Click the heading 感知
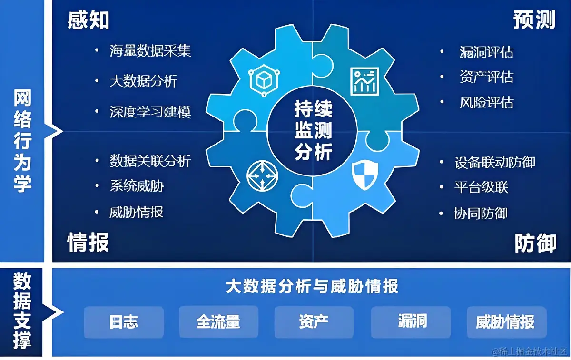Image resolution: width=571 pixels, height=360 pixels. click(x=89, y=20)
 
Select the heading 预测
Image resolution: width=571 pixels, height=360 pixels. click(x=534, y=20)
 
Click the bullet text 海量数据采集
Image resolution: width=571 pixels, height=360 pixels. click(x=150, y=51)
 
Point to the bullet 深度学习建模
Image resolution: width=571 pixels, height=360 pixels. click(x=150, y=112)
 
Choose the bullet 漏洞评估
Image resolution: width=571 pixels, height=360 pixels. click(x=487, y=52)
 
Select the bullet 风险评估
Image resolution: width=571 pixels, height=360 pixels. click(x=487, y=102)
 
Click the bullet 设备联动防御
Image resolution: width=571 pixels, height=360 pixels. click(x=495, y=163)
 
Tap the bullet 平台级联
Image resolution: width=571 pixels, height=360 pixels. click(x=482, y=187)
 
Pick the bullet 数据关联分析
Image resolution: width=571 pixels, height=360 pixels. click(x=150, y=161)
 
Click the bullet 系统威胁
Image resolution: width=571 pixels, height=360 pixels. click(x=137, y=186)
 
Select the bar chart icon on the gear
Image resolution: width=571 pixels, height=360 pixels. click(x=364, y=81)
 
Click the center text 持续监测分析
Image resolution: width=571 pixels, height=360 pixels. click(x=313, y=130)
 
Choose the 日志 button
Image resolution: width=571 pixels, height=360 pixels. click(x=124, y=322)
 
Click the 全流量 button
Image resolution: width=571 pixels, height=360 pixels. click(x=218, y=322)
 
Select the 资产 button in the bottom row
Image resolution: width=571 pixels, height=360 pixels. click(x=314, y=322)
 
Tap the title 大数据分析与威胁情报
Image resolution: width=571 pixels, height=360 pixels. click(x=312, y=287)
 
